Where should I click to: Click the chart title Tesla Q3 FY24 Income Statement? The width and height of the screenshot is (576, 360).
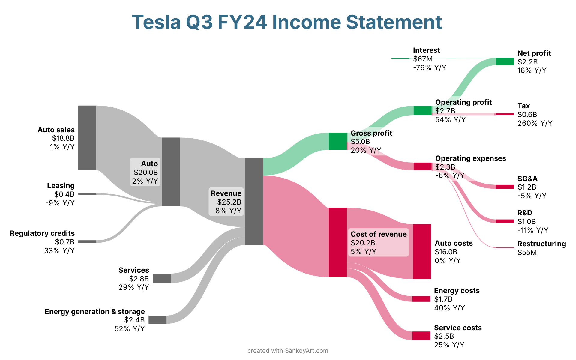click(x=287, y=22)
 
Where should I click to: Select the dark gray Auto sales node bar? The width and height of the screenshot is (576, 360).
click(x=87, y=138)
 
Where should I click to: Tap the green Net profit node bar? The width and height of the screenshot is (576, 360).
click(x=505, y=61)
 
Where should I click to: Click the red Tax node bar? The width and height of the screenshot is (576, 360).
click(x=505, y=114)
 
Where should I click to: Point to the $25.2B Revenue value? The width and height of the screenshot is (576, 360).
click(x=229, y=202)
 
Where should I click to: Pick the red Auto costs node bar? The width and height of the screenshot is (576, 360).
click(x=422, y=251)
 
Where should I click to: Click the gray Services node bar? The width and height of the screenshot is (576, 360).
click(x=162, y=278)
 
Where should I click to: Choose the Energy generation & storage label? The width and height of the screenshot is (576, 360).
click(x=95, y=312)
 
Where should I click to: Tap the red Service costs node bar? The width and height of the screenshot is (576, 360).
click(x=421, y=336)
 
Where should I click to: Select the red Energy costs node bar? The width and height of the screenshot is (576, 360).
click(x=421, y=299)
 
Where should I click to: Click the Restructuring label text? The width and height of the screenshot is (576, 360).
click(x=541, y=244)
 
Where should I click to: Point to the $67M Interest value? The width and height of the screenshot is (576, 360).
click(x=423, y=59)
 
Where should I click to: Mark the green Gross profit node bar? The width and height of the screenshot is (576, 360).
click(x=338, y=141)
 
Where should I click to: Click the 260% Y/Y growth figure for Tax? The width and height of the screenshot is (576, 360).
click(x=535, y=123)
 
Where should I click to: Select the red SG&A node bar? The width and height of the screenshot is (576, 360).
click(x=505, y=187)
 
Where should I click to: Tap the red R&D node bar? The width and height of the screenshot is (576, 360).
click(x=505, y=221)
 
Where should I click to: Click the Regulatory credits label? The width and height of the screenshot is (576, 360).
click(x=42, y=233)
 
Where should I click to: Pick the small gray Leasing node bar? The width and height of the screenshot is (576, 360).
click(x=87, y=194)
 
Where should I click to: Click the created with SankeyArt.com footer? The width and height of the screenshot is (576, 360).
click(x=288, y=351)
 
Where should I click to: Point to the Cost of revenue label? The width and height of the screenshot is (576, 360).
click(x=379, y=234)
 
